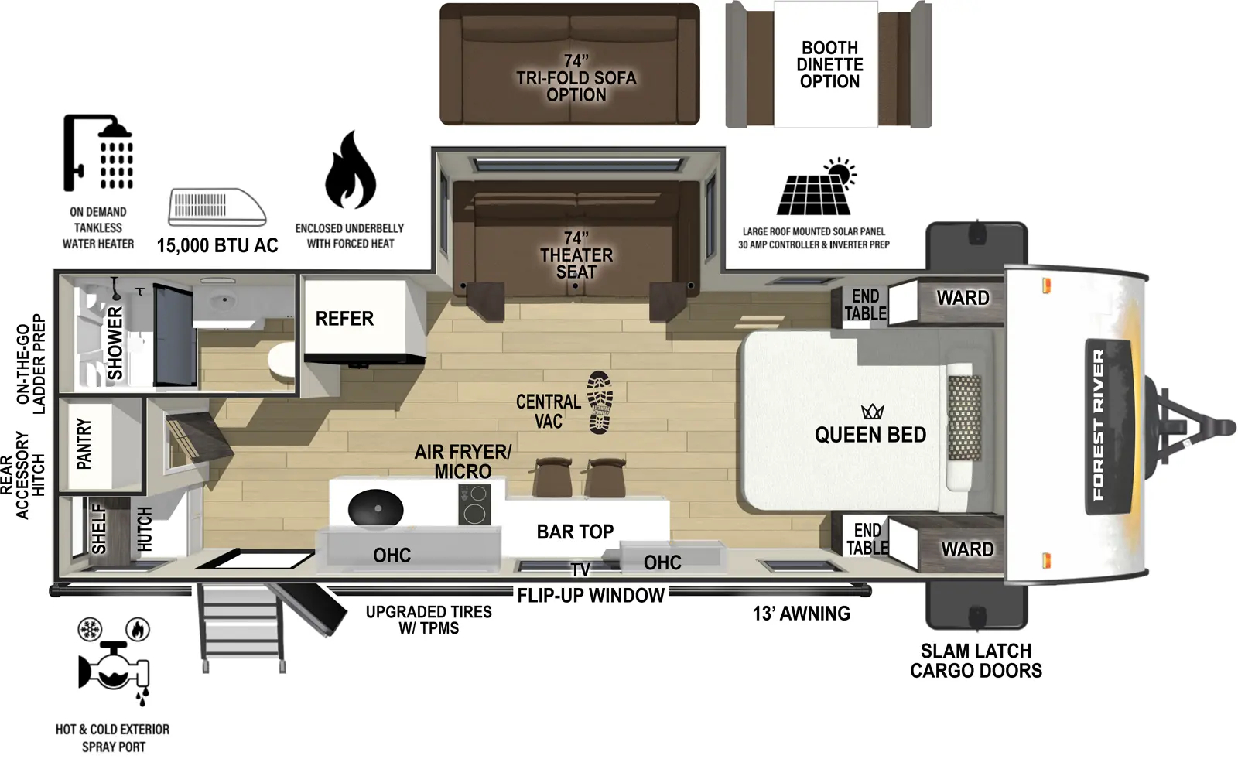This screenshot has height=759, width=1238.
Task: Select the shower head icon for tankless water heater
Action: [98, 152]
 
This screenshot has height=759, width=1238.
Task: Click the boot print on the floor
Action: [600, 402]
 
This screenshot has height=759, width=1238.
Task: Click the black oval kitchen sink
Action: [376, 510]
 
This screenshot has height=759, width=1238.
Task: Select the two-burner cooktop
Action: [474, 504]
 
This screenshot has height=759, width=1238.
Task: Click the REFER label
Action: [344, 319]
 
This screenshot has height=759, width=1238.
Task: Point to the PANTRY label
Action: [84, 444]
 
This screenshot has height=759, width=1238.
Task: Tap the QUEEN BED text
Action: [870, 435]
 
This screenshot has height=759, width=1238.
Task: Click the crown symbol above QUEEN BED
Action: [872, 411]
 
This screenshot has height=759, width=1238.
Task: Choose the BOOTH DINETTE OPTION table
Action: [829, 65]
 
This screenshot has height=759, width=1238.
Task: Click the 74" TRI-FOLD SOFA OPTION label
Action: [576, 77]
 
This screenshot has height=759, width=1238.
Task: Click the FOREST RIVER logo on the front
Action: [1098, 424]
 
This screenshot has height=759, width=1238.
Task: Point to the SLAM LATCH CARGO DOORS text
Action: [975, 661]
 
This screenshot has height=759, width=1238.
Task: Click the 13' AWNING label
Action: [801, 614]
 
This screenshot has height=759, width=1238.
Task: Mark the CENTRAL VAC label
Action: [548, 412]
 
